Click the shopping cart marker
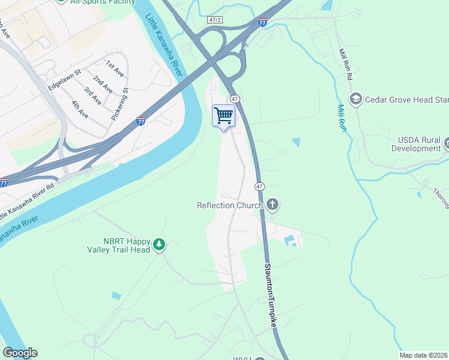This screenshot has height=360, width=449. click(x=224, y=115)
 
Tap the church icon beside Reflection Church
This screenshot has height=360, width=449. click(x=273, y=205)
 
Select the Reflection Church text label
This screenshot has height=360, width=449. click(x=230, y=205)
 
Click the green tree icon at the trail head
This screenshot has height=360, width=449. click(x=159, y=244)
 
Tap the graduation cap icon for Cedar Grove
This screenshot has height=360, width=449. click(x=356, y=98)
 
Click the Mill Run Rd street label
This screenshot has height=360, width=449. click(x=345, y=65)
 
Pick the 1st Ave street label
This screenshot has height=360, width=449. click(x=114, y=68)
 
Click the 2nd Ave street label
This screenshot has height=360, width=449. click(x=103, y=83)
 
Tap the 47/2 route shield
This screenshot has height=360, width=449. click(x=215, y=20)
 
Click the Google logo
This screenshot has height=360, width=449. click(x=20, y=353)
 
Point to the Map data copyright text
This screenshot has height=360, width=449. click(x=423, y=355)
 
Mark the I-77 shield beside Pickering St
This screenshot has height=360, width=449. click(x=141, y=121)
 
